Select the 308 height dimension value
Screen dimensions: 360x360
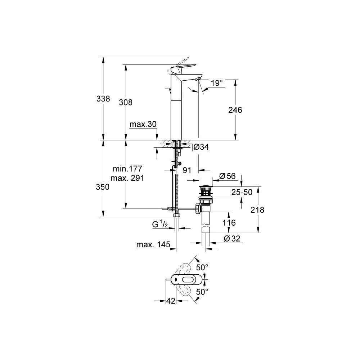126,102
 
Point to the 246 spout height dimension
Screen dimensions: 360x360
235,110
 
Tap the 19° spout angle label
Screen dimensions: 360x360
217,83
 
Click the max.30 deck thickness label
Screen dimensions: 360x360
143,124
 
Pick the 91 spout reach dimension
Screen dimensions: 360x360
186,170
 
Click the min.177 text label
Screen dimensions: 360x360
127,168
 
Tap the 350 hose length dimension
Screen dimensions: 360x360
103,187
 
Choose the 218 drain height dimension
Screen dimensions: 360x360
257,210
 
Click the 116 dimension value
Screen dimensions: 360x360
229,223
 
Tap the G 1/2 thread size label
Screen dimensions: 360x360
160,224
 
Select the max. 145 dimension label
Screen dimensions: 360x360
153,245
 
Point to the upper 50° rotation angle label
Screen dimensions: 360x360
202,267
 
